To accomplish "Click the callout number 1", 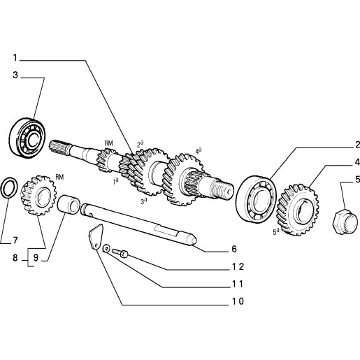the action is [15, 57].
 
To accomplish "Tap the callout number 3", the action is [15, 75].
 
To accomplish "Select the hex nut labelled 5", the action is [345, 222].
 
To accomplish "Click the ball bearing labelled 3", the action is [27, 138].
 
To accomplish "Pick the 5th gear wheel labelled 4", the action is [297, 210].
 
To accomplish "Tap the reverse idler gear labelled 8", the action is [39, 195].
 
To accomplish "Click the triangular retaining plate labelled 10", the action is [96, 237].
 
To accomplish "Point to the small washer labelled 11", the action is [107, 248].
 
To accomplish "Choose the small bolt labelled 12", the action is [120, 253].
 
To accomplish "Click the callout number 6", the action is [234, 249].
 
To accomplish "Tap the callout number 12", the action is [238, 266].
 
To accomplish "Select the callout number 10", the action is [238, 301].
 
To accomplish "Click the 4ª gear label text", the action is [199, 151].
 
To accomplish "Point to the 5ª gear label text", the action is [276, 232].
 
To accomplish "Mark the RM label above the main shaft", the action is [108, 143].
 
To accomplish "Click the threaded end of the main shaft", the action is [222, 189].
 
